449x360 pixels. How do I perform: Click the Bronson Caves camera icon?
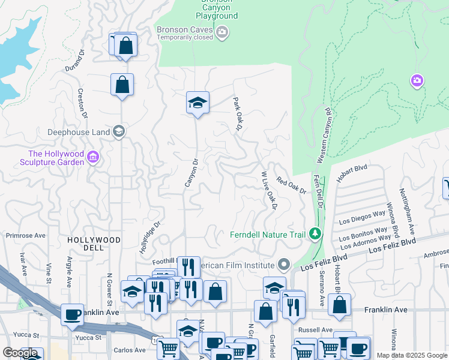222,32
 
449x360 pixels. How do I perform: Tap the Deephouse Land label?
79,132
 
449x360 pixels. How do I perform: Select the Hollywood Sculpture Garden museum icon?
93,158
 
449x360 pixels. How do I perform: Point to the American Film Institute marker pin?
284,265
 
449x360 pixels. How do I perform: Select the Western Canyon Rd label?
325,136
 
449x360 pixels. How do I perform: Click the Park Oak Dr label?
237,114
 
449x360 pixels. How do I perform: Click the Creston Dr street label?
82,103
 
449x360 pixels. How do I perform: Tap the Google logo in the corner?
20,353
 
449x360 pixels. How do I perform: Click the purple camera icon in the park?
417,80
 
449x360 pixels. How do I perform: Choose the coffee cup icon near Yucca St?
72,315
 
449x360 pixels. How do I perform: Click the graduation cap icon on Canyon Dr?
197,103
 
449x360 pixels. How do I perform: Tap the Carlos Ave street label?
130,350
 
